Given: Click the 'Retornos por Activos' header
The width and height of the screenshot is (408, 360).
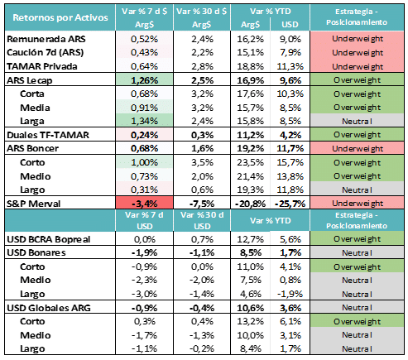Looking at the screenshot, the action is tap(60, 17).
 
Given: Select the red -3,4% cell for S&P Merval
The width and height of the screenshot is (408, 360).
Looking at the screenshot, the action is tap(144, 203).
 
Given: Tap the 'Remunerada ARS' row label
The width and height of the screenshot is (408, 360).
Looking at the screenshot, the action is tap(46, 39).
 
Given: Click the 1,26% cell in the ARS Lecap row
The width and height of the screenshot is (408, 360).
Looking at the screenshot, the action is tap(144, 80).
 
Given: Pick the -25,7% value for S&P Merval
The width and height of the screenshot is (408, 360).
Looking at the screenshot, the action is tap(290, 204).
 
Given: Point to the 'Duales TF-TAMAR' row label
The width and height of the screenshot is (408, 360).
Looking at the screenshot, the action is tap(48, 135).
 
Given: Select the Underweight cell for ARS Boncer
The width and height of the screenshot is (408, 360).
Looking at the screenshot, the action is tap(358, 148).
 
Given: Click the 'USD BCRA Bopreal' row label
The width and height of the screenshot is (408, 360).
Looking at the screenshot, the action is tap(49, 239).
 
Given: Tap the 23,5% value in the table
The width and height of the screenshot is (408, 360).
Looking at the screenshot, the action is tap(250, 162).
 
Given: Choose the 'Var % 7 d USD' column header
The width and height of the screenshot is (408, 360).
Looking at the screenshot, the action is tap(144, 220).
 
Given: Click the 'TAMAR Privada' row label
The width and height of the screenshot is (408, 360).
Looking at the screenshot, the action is tap(42, 66).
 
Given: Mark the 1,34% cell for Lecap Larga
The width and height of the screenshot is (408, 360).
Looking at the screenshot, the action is tap(144, 121).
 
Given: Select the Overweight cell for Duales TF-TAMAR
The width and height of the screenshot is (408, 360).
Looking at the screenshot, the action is tap(358, 135).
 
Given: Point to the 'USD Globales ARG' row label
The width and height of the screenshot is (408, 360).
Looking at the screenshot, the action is tap(49, 308).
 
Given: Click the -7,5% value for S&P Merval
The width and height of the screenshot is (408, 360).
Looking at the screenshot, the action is tap(202, 204).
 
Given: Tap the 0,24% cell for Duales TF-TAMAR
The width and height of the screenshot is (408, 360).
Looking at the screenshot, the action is tap(144, 135).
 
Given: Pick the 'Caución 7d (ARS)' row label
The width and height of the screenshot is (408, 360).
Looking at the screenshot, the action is tap(46, 52).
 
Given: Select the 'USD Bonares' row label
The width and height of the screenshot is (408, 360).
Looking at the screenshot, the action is tap(36, 252).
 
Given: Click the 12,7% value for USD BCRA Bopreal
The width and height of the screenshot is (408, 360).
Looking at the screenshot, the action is tap(250, 239).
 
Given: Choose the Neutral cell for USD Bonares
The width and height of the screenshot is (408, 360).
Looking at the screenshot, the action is tap(358, 252).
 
